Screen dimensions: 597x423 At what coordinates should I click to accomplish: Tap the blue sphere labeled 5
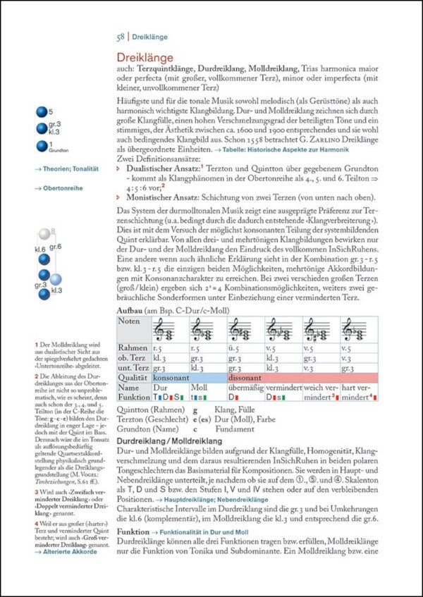41,111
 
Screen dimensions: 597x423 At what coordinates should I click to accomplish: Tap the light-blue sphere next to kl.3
56,280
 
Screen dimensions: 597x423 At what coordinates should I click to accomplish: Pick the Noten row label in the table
129,321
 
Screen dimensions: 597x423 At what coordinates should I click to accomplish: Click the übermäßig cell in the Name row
243,388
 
